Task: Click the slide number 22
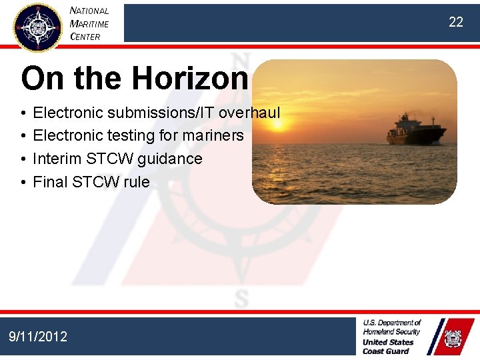click(x=455, y=22)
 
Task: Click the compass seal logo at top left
click(x=37, y=27)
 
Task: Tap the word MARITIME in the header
click(x=89, y=24)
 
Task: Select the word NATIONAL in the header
click(x=89, y=11)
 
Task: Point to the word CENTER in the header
click(x=85, y=37)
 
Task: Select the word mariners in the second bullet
click(x=214, y=136)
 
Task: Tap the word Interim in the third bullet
click(x=59, y=159)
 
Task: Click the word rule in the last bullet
click(x=137, y=182)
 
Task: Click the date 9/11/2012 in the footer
click(x=38, y=337)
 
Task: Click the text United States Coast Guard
click(x=388, y=347)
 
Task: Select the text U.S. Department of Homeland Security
click(x=391, y=327)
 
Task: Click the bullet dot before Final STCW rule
click(x=23, y=183)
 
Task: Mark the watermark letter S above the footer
click(x=241, y=298)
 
